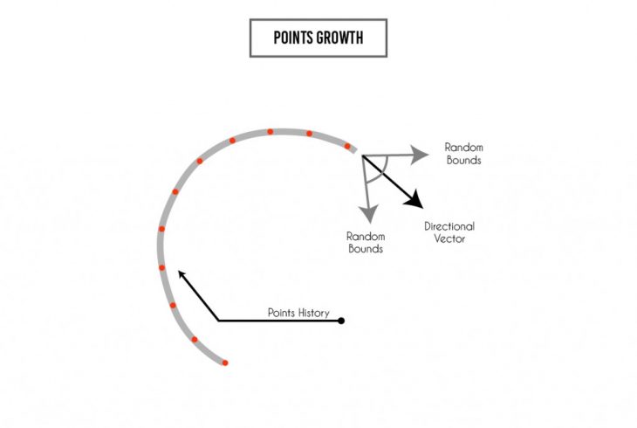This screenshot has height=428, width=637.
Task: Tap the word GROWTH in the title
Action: click(x=341, y=38)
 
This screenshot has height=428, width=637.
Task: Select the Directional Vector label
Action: click(x=449, y=232)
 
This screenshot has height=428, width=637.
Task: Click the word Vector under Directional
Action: click(x=449, y=238)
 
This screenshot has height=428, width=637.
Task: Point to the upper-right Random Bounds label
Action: click(x=463, y=154)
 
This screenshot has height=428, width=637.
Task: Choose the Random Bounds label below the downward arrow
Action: click(x=366, y=242)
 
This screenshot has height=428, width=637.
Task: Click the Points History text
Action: click(x=298, y=312)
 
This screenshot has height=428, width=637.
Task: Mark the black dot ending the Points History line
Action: click(x=341, y=321)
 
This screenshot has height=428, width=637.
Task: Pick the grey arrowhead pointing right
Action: click(x=421, y=154)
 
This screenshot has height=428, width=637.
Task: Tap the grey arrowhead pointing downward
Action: click(x=368, y=212)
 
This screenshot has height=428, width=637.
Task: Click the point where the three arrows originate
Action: click(x=361, y=155)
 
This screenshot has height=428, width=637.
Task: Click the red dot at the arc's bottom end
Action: click(x=225, y=362)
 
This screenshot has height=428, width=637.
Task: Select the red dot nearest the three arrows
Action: click(x=347, y=146)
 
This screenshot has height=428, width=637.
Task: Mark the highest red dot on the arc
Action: click(x=271, y=132)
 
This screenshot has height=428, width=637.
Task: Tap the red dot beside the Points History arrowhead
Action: click(x=162, y=267)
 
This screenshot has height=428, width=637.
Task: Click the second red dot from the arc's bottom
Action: click(x=195, y=340)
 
